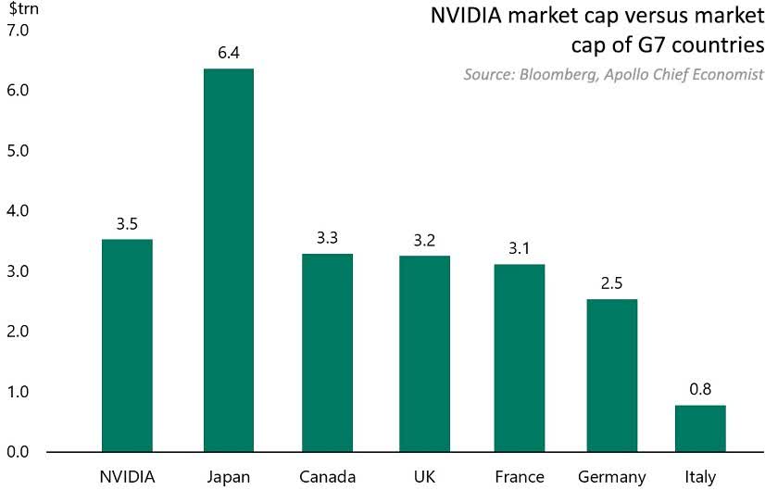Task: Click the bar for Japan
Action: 229,260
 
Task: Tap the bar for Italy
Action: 700,428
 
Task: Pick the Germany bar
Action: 611,375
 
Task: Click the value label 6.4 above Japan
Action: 229,53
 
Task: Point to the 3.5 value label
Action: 127,223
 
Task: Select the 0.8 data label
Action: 700,389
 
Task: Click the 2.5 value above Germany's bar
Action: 611,283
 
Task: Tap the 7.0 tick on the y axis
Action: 19,31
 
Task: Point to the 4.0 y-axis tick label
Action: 19,211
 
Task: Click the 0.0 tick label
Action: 19,452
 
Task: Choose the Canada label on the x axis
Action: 327,477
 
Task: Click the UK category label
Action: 424,477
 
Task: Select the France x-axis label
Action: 520,477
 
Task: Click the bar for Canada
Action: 327,353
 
